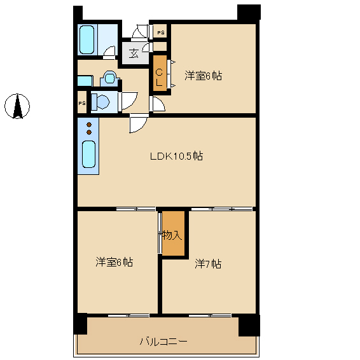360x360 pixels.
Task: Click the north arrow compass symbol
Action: pyautogui.click(x=17, y=106)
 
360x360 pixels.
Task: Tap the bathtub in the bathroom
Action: pyautogui.click(x=87, y=39)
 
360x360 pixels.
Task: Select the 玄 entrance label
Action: pyautogui.click(x=134, y=53)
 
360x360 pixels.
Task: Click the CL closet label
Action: pyautogui.click(x=160, y=78)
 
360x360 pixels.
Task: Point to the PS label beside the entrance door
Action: pyautogui.click(x=161, y=32)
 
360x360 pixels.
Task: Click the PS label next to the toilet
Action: pyautogui.click(x=82, y=103)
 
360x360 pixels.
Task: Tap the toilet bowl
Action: pyautogui.click(x=100, y=102)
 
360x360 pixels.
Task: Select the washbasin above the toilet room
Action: pyautogui.click(x=110, y=78)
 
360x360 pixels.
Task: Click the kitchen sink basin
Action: pyautogui.click(x=88, y=154)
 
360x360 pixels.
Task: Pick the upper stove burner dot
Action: pyautogui.click(x=89, y=125)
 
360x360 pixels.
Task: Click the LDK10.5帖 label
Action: pyautogui.click(x=176, y=156)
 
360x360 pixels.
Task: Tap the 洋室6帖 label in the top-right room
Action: pyautogui.click(x=203, y=76)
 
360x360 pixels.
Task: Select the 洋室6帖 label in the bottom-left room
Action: pyautogui.click(x=114, y=262)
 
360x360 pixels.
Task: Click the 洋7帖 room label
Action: pyautogui.click(x=208, y=264)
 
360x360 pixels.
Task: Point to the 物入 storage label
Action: pyautogui.click(x=171, y=235)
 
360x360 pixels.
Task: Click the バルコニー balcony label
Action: pyautogui.click(x=163, y=342)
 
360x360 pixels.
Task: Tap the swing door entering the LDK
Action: pyautogui.click(x=138, y=124)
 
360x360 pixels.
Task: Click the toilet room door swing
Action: pyautogui.click(x=128, y=102)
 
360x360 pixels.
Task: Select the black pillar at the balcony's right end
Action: pyautogui.click(x=249, y=326)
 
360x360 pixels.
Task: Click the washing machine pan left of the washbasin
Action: pyautogui.click(x=85, y=81)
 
